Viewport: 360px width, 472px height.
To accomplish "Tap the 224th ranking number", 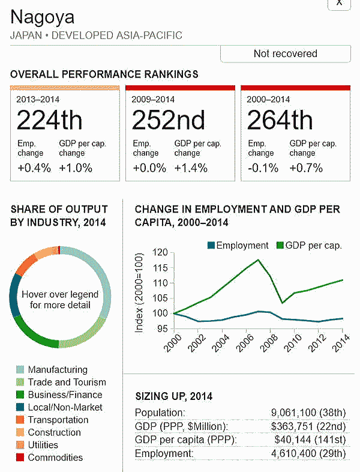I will click(x=49, y=121).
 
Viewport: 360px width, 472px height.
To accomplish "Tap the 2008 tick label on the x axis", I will click(x=269, y=345).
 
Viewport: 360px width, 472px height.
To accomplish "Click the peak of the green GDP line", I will click(x=258, y=260).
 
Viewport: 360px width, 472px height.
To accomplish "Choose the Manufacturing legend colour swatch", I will click(x=18, y=370).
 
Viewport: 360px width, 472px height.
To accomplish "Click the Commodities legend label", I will click(x=55, y=458).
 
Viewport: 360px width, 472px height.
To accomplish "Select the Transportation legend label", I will click(x=58, y=420).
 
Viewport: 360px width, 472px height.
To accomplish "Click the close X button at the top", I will click(x=339, y=3).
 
